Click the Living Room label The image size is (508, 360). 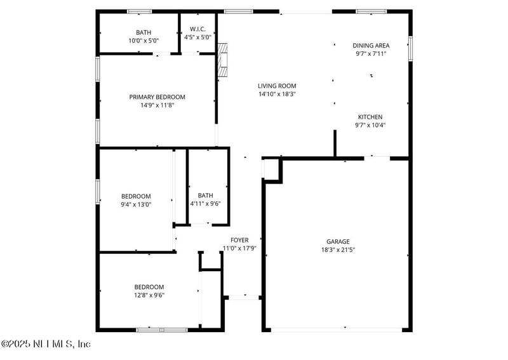click(277, 86)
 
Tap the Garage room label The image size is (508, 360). click(338, 241)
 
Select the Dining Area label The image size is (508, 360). click(371, 46)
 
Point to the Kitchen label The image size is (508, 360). click(370, 117)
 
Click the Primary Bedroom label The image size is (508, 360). click(157, 97)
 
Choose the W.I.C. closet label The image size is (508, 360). click(197, 30)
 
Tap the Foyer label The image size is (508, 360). click(239, 240)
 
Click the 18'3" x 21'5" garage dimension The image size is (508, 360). click(338, 250)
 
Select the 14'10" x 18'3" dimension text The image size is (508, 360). click(277, 94)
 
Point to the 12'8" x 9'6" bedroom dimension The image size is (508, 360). click(149, 295)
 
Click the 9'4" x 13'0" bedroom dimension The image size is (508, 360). click(136, 204)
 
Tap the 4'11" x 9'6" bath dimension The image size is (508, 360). click(205, 204)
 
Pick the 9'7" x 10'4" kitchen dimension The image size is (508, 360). click(370, 125)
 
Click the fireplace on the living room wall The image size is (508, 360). click(222, 61)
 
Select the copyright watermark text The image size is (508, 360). click(46, 344)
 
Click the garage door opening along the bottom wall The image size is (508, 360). click(337, 330)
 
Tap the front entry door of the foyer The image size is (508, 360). click(242, 297)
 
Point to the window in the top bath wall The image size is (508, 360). click(139, 11)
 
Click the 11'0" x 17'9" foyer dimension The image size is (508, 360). click(239, 248)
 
